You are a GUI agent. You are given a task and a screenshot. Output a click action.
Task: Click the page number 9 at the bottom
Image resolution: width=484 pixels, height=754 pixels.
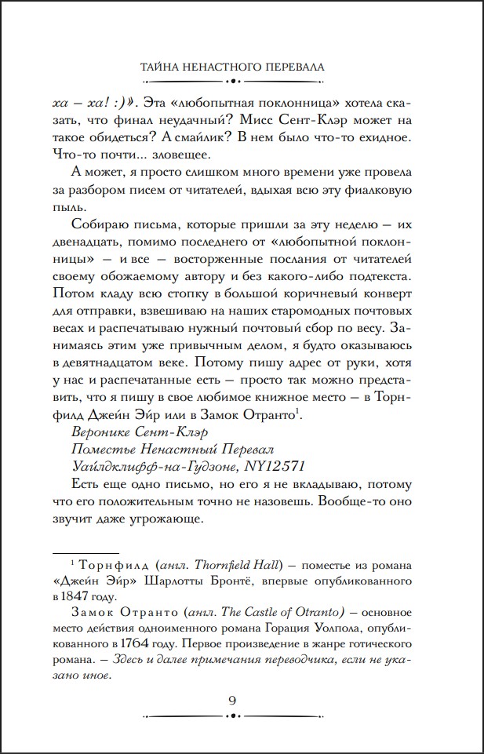click(x=242, y=701)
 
